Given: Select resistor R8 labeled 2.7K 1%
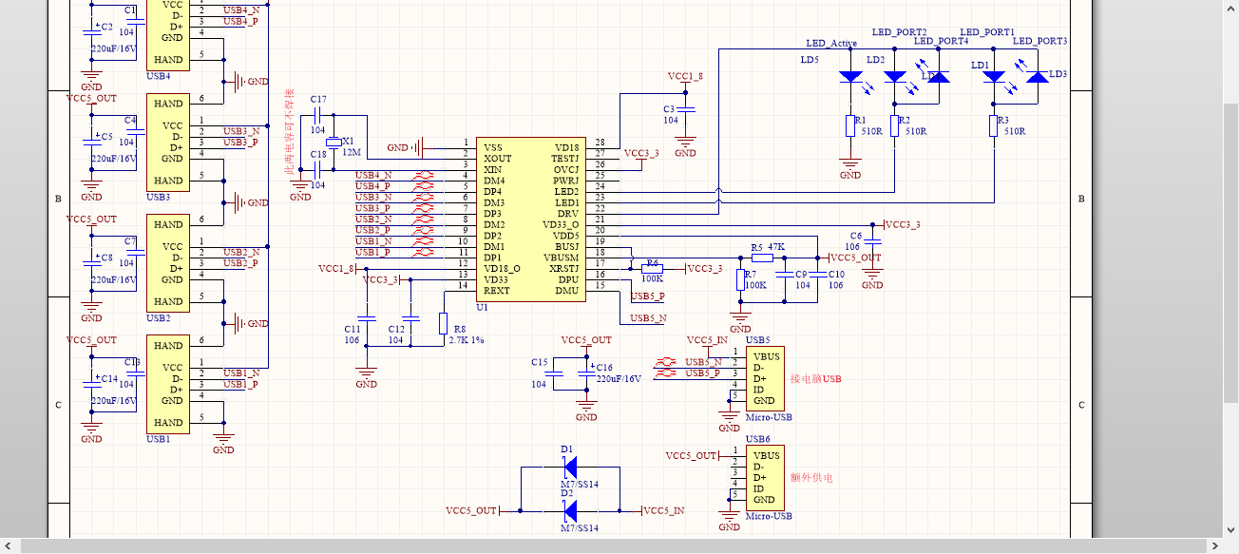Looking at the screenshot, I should (443, 322).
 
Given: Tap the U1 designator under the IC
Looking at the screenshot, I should (482, 308).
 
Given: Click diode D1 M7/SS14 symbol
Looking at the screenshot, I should (569, 467).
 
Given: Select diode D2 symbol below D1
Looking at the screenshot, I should (569, 510).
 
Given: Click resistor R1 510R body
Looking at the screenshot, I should (850, 126).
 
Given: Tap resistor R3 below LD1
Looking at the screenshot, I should (995, 126).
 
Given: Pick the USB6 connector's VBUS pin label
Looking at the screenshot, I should (766, 455).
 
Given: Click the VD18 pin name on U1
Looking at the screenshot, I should (567, 147).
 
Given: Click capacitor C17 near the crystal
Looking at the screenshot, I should (317, 114).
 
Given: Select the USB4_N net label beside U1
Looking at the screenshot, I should (372, 175).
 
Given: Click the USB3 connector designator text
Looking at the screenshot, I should (158, 198).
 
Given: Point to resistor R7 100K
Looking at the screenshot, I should (740, 284).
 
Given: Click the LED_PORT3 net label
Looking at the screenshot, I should (1039, 41).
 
